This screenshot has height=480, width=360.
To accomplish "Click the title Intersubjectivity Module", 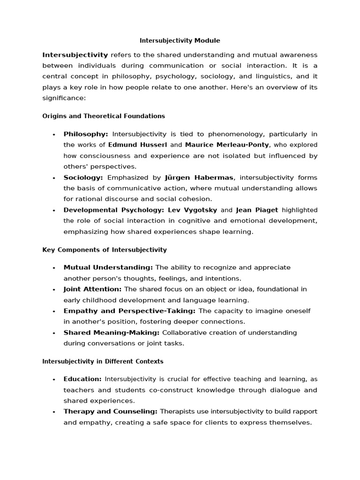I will point(180,41).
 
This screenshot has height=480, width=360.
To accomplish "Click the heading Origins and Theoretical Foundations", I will point(104,116).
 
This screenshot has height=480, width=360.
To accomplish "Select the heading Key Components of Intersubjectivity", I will point(105,250).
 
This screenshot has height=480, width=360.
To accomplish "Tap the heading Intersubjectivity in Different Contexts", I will point(103,361).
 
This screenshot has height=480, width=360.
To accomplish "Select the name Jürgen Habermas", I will point(199,178).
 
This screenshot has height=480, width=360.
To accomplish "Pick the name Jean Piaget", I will point(257,210).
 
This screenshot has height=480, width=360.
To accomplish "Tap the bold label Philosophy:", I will point(86,134).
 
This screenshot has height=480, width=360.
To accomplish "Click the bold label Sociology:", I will point(83,178).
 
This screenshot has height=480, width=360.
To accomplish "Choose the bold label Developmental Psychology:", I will point(114,210).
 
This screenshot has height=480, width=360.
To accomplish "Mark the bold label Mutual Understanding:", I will point(108,267).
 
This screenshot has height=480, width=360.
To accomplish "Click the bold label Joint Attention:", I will point(93,289).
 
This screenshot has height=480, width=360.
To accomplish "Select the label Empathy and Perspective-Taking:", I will point(129,311).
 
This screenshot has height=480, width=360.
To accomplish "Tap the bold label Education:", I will point(82,379).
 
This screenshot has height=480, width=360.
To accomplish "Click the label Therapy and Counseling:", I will point(111,412).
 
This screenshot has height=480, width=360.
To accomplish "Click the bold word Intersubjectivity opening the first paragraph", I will point(75,55).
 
